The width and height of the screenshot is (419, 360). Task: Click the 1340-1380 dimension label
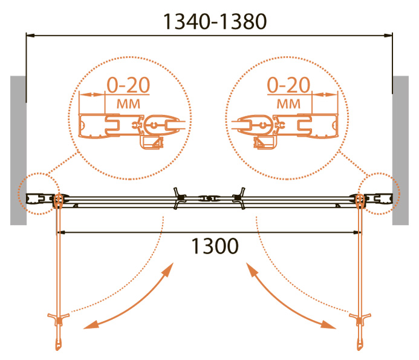coord(215,22)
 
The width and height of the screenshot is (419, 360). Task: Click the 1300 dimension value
coord(215,246)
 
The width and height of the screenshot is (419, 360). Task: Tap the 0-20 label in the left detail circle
coord(128,85)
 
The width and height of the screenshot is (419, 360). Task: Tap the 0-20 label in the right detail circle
coord(289,85)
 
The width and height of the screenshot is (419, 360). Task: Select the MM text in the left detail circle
coord(128,104)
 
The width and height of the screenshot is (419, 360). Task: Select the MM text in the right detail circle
coord(288,104)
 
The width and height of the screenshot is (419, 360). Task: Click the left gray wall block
coord(18,150)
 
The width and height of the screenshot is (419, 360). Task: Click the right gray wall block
coord(401,150)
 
